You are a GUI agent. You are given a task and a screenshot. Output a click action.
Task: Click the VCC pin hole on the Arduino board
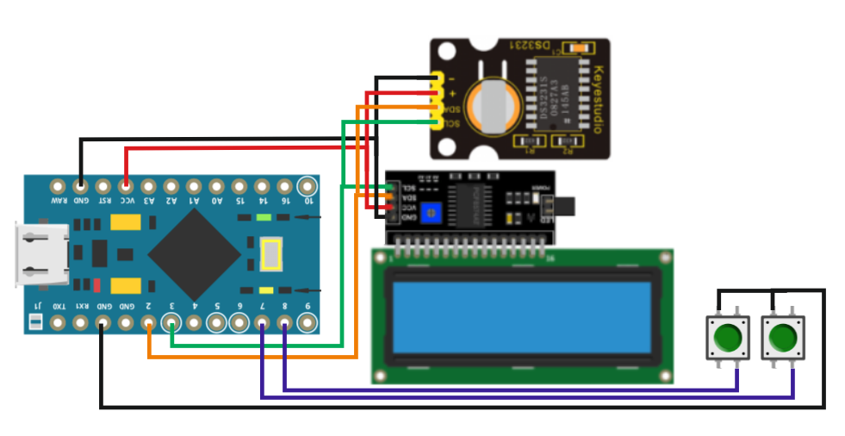point(126,184)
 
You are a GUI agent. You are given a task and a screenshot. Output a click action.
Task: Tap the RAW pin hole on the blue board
point(58,184)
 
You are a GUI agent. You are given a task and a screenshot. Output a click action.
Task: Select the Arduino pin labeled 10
point(308,184)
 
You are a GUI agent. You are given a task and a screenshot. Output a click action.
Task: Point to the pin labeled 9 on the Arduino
point(308,323)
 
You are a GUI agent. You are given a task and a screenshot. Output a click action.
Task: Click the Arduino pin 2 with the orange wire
point(149,324)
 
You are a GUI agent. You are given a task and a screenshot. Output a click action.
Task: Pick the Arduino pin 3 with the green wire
point(171,324)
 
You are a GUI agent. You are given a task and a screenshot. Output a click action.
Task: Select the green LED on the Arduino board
point(264,219)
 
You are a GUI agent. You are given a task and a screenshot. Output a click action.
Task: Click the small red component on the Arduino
point(97,285)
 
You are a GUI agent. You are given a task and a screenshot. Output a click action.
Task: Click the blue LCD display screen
point(522,316)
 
